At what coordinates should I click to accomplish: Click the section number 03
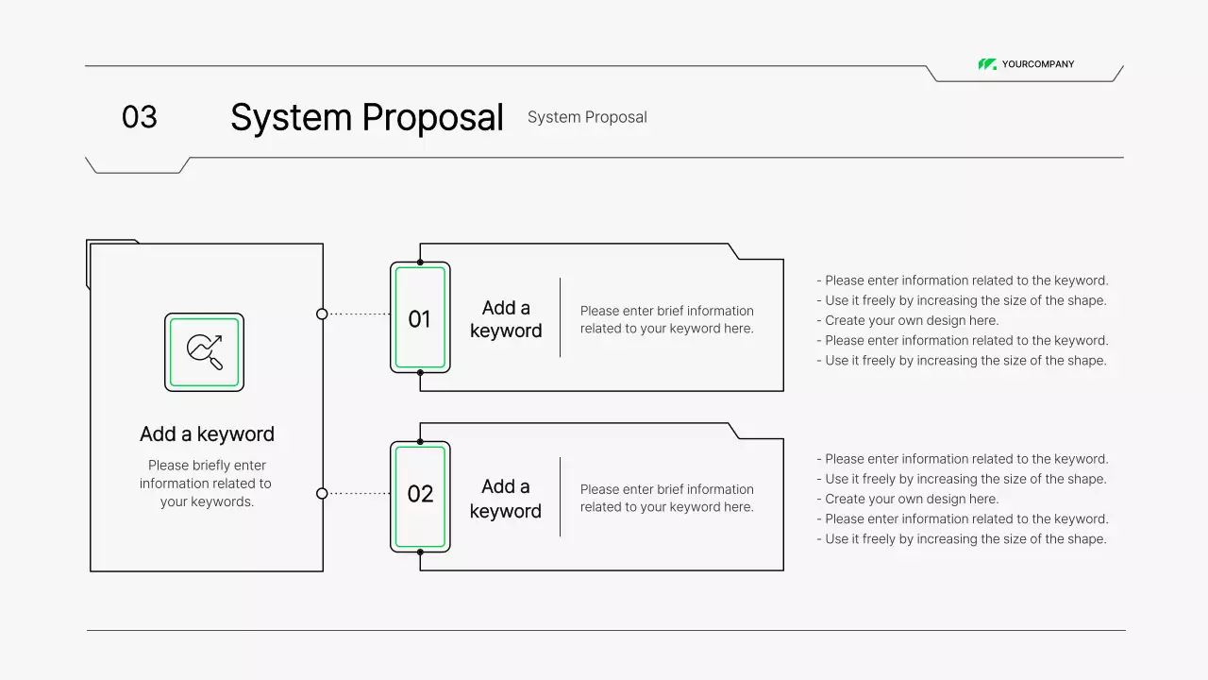[x=139, y=117]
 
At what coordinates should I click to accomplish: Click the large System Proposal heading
[x=366, y=118]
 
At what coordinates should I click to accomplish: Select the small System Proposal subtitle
[x=587, y=117]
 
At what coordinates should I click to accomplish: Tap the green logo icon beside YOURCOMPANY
[x=987, y=64]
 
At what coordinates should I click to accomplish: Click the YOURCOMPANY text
[x=1037, y=64]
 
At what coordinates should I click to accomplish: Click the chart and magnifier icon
[x=204, y=352]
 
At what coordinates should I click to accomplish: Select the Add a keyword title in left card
[x=207, y=434]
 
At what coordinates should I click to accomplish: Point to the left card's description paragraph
[x=206, y=484]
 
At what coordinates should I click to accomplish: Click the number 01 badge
[x=420, y=318]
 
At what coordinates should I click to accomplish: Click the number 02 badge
[x=420, y=494]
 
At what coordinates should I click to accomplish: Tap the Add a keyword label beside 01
[x=506, y=319]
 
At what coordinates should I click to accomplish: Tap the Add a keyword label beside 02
[x=506, y=499]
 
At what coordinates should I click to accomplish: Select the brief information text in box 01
[x=666, y=319]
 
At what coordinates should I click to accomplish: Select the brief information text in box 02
[x=666, y=498]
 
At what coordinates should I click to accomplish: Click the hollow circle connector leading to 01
[x=322, y=314]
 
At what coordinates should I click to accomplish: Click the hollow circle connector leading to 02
[x=322, y=493]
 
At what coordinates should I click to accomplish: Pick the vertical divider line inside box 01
[x=560, y=317]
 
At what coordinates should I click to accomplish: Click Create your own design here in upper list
[x=911, y=320]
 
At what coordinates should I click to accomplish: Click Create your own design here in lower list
[x=911, y=499]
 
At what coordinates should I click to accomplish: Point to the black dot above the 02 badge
[x=420, y=441]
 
